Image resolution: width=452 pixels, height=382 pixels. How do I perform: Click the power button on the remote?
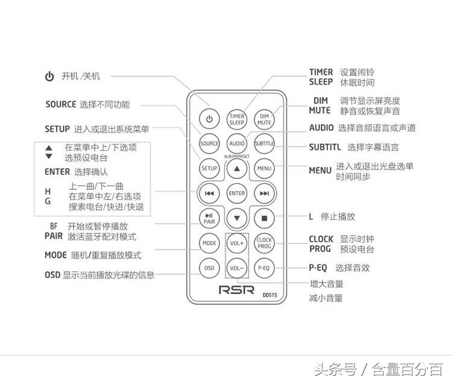point(209,119)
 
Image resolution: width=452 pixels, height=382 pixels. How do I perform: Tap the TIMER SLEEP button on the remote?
point(237,119)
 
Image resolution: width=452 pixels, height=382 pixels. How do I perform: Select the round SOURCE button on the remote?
point(209,143)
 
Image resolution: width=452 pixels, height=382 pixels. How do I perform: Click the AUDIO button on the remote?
point(237,143)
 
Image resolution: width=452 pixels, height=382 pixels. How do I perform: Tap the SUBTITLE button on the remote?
point(264,143)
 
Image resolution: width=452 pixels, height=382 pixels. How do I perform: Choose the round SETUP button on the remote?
point(209,168)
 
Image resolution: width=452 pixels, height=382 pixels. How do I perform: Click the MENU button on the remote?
point(264,168)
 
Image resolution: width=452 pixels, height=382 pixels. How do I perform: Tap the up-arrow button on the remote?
point(237,169)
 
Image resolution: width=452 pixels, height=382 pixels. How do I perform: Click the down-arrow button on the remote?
point(237,218)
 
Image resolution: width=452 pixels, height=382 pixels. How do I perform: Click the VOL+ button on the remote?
point(237,243)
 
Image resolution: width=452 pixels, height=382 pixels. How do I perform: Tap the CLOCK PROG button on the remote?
point(264,243)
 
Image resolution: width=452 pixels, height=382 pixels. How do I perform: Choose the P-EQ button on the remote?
point(264,268)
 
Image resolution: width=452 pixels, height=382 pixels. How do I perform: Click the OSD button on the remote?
point(209,268)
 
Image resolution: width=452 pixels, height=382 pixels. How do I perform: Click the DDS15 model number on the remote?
point(269,295)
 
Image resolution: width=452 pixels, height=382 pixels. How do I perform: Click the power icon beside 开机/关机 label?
point(49,77)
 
